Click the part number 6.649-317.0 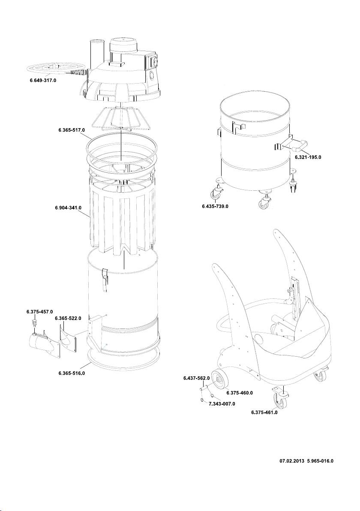43,80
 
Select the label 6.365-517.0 72,129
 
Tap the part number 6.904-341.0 68,208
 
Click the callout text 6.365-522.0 68,318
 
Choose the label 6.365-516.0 72,373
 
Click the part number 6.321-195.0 308,157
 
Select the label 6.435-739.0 215,206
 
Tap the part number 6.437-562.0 194,378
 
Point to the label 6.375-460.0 239,393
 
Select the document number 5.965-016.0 320,462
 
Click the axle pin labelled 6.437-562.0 203,389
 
